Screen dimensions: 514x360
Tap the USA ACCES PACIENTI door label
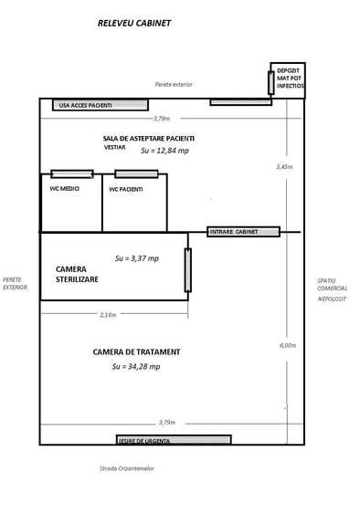click(85, 105)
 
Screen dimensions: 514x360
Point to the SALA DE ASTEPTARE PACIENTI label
click(148, 137)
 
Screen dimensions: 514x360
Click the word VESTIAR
click(115, 146)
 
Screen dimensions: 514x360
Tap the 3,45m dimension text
click(285, 167)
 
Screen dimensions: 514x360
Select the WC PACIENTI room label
click(126, 189)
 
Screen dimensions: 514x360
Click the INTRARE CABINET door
click(244, 232)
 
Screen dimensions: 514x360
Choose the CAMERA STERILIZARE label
click(78, 274)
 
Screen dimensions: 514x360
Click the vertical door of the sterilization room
click(188, 270)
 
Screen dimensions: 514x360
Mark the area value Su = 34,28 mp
click(136, 366)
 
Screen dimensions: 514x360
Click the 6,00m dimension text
click(287, 345)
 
